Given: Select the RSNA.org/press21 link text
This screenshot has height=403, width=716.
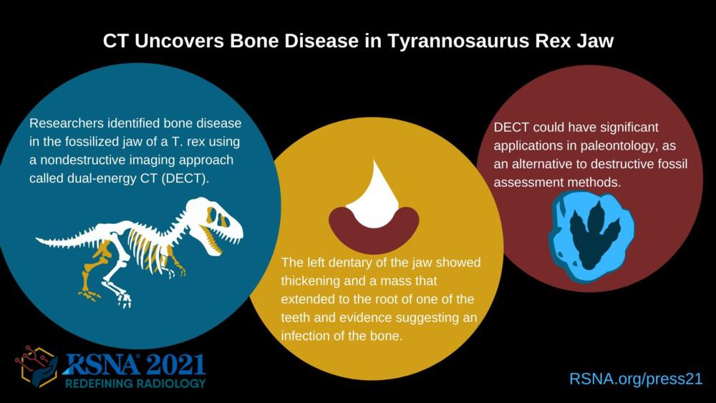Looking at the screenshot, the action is pos(636,379).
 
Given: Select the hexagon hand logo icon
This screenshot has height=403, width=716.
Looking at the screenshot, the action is pos(36,366).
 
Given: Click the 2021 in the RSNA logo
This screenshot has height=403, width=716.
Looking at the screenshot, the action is pos(176,366).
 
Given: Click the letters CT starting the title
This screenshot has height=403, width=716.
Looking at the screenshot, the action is pos(116,41).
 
